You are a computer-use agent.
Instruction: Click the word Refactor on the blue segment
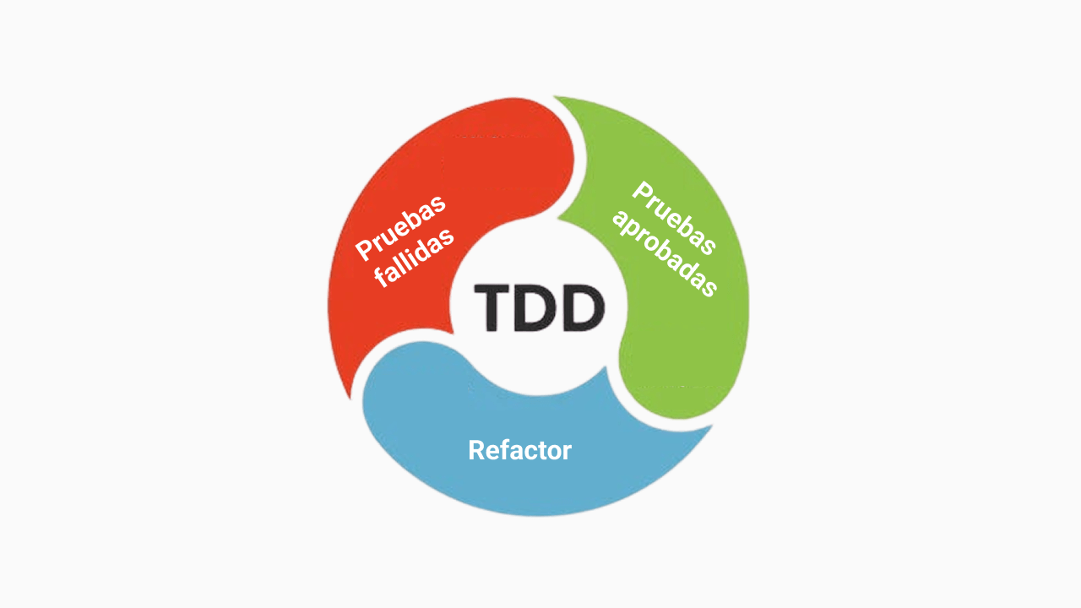pyautogui.click(x=519, y=450)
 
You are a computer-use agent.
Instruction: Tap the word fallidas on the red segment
pyautogui.click(x=415, y=258)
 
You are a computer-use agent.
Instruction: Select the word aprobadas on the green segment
pyautogui.click(x=665, y=254)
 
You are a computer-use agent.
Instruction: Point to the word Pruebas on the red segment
pyautogui.click(x=401, y=228)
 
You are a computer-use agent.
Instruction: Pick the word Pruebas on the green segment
pyautogui.click(x=674, y=218)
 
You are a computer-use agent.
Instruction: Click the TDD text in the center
pyautogui.click(x=540, y=308)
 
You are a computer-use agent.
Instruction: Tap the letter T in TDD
pyautogui.click(x=492, y=308)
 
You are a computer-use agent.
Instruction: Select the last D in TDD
pyautogui.click(x=584, y=308)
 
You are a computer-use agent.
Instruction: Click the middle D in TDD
pyautogui.click(x=536, y=308)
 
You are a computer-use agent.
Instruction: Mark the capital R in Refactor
pyautogui.click(x=477, y=450)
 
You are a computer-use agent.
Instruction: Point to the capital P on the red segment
pyautogui.click(x=366, y=248)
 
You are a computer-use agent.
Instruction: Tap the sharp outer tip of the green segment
pyautogui.click(x=553, y=96)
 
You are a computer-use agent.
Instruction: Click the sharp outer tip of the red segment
pyautogui.click(x=350, y=399)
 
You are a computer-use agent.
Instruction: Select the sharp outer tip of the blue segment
pyautogui.click(x=713, y=426)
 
